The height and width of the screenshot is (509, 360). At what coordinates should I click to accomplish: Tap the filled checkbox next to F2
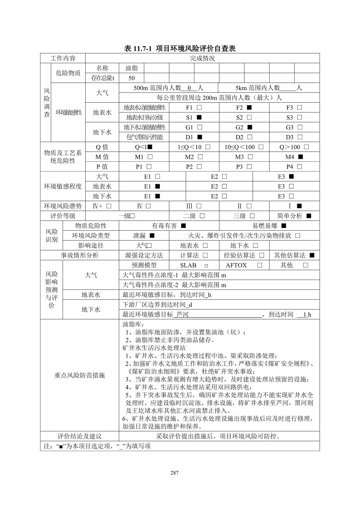point(249,107)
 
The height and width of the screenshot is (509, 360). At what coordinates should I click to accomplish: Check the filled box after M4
point(301,157)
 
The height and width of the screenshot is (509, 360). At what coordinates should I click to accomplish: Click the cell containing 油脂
point(132,68)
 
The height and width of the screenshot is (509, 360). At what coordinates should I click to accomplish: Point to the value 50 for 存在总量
point(132,78)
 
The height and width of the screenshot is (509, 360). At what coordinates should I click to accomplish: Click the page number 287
point(174,473)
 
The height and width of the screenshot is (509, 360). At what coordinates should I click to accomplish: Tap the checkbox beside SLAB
point(206,266)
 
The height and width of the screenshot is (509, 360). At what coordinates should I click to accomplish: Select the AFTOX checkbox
point(260,265)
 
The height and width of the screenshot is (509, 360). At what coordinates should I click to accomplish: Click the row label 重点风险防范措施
point(80,375)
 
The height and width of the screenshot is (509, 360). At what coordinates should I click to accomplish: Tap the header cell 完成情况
point(202,58)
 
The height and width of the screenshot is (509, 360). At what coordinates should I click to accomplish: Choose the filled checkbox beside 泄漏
point(152,236)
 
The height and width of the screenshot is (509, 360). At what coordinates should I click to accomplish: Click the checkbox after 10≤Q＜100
point(261,147)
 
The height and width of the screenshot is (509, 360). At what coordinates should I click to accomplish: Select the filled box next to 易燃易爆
point(284,226)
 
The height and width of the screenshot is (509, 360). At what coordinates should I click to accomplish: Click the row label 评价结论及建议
point(80,436)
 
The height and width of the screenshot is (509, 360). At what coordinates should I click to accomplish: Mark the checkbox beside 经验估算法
point(262,255)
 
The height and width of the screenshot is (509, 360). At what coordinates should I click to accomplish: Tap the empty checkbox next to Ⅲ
point(199,206)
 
